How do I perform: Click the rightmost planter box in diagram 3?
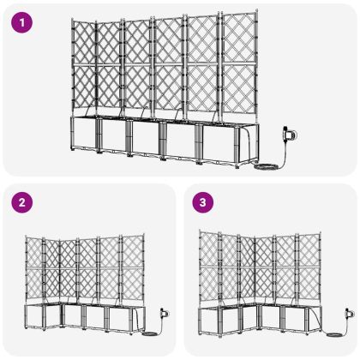click(x=303, y=317)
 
